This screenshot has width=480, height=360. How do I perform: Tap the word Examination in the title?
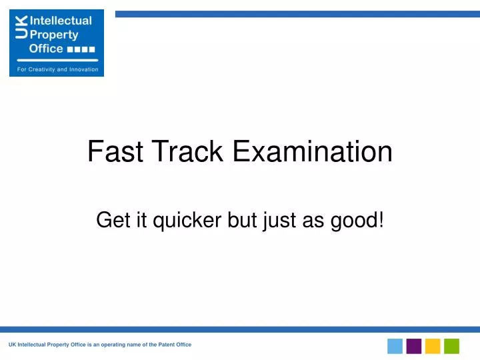(313, 152)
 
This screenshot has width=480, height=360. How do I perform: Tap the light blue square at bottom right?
(395, 346)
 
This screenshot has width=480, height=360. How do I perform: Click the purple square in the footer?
(414, 346)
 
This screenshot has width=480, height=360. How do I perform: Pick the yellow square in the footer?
(433, 346)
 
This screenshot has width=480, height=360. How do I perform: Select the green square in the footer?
(452, 346)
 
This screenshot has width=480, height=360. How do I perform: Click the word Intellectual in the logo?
(60, 21)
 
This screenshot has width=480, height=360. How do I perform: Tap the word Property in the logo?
(53, 35)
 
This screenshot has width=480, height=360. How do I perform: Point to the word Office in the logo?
(45, 49)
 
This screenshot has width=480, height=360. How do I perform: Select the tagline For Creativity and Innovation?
(57, 69)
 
